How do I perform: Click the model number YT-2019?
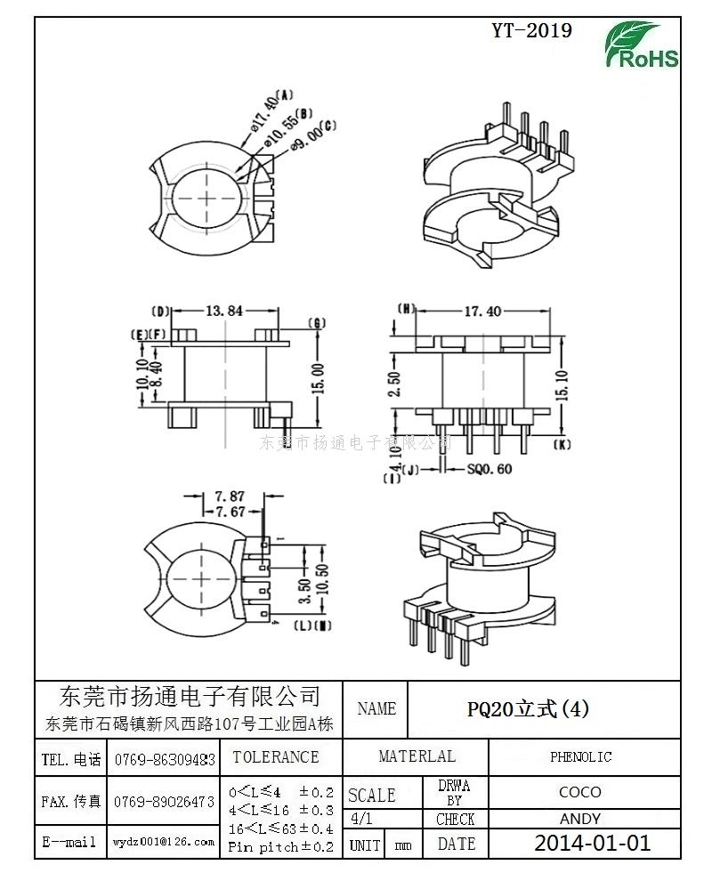pyautogui.click(x=532, y=31)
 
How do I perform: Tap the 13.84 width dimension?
pyautogui.click(x=223, y=311)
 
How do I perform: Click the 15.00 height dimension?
pyautogui.click(x=319, y=375)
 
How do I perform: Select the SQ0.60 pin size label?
pyautogui.click(x=489, y=470)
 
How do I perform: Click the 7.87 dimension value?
pyautogui.click(x=229, y=496)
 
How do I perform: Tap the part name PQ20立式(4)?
pyautogui.click(x=529, y=708)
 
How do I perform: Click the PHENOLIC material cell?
pyautogui.click(x=580, y=757)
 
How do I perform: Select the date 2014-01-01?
pyautogui.click(x=592, y=843)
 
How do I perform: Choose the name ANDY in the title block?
pyautogui.click(x=580, y=819)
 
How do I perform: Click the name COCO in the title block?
pyautogui.click(x=580, y=791)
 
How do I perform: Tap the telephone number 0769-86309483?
pyautogui.click(x=165, y=760)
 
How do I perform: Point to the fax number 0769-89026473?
pyautogui.click(x=165, y=802)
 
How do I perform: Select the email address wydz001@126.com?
pyautogui.click(x=165, y=841)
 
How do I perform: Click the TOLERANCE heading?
pyautogui.click(x=275, y=757)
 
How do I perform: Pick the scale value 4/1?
pyautogui.click(x=363, y=819)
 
